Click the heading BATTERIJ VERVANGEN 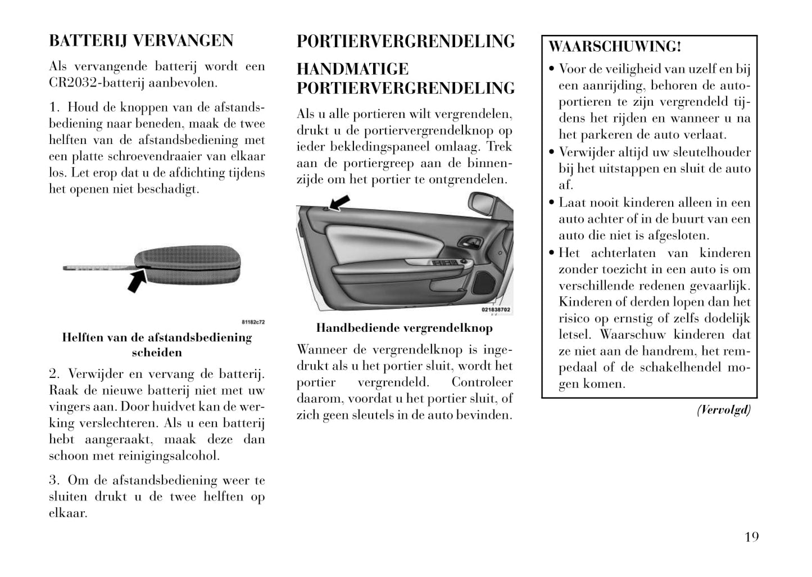141,41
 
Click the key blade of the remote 99,267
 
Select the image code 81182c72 253,322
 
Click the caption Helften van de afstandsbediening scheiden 157,345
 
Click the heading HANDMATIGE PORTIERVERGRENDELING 405,79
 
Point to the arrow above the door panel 340,202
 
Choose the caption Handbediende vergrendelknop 404,328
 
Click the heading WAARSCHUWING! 615,47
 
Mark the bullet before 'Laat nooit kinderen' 552,203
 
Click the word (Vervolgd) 724,410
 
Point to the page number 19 751,537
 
